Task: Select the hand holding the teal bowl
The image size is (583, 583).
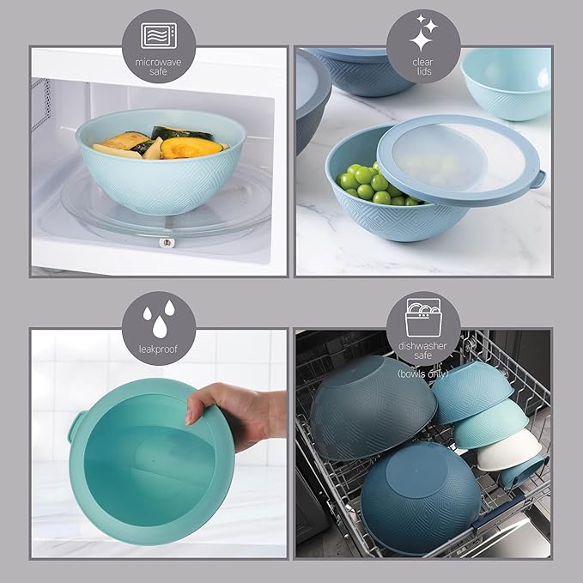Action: pyautogui.click(x=237, y=413)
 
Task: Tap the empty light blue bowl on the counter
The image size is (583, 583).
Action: pyautogui.click(x=507, y=82)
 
